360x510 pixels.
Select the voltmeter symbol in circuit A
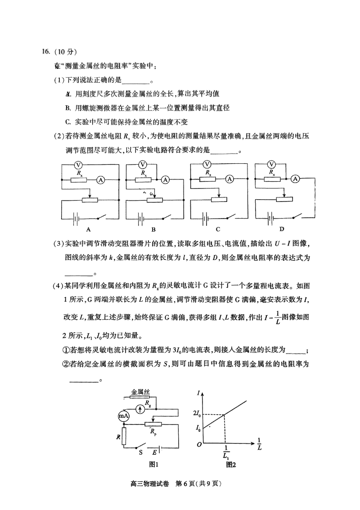[x=77, y=165]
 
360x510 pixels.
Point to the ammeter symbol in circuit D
[x=296, y=179]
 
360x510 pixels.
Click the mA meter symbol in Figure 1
[x=123, y=416]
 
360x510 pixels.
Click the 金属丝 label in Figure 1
[x=140, y=392]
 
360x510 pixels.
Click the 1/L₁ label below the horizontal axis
[x=225, y=452]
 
